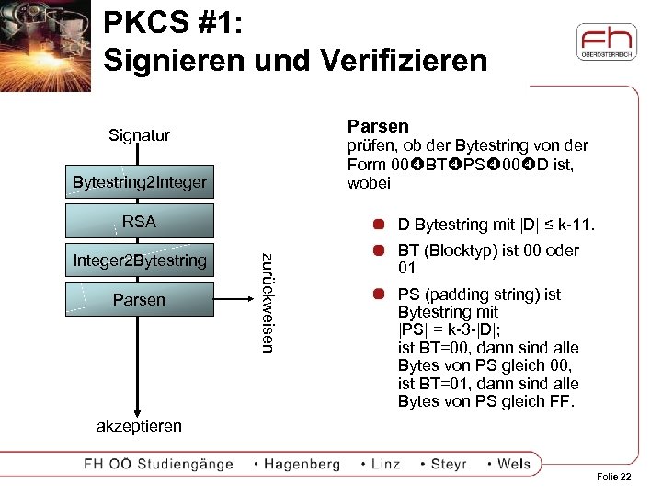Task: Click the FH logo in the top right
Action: pos(606,42)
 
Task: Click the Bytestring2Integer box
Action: pos(140,182)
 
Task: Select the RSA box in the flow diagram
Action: pos(140,222)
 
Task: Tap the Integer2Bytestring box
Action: pos(140,260)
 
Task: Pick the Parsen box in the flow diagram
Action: pos(140,300)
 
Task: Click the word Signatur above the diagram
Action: pos(139,136)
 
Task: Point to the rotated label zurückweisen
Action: pos(268,301)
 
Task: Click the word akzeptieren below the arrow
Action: pos(139,426)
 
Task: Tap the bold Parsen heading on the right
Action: pos(378,126)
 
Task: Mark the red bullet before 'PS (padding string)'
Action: pos(378,295)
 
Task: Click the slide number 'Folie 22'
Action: pos(614,476)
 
